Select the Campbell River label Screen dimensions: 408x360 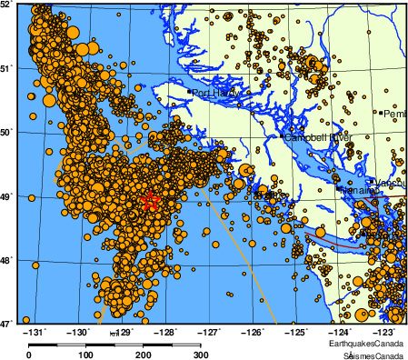(x=317, y=137)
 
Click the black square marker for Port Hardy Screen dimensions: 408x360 (x=189, y=92)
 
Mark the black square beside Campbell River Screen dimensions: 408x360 (x=284, y=137)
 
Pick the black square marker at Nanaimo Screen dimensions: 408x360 (x=339, y=190)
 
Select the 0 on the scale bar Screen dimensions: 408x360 (x=29, y=354)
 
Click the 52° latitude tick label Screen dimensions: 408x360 (x=6, y=5)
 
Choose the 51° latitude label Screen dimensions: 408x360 (x=6, y=68)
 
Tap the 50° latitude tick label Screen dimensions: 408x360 (x=6, y=132)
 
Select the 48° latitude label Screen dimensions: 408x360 (x=6, y=259)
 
